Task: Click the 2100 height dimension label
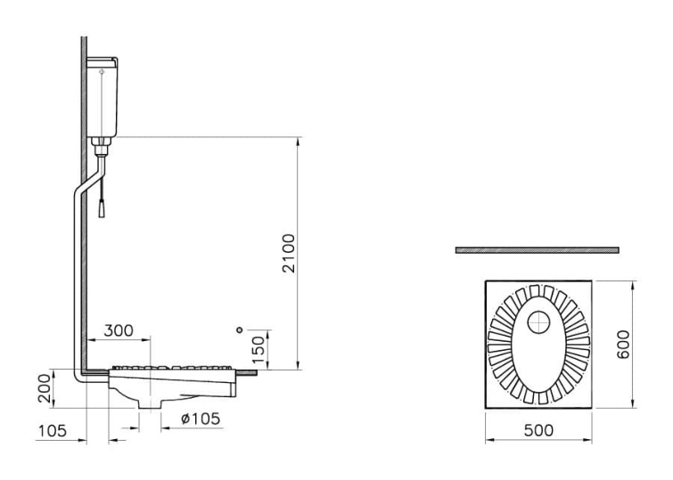[x=290, y=253]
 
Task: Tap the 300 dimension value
[x=119, y=330]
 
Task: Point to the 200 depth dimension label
[x=45, y=388]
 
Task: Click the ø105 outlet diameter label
[x=200, y=419]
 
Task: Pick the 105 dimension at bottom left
[x=53, y=431]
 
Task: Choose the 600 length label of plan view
[x=622, y=345]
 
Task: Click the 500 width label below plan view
[x=538, y=430]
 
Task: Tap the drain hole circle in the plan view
[x=538, y=322]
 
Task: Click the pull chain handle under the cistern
[x=102, y=209]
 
